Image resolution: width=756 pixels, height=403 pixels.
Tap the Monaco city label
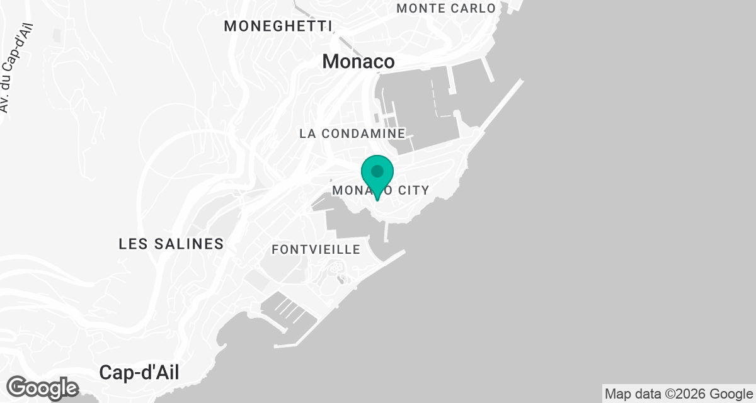pyautogui.click(x=358, y=62)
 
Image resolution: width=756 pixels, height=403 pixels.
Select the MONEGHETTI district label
pyautogui.click(x=278, y=26)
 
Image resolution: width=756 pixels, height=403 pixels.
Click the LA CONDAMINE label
pyautogui.click(x=352, y=133)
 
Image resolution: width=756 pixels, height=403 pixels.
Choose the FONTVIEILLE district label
pyautogui.click(x=316, y=250)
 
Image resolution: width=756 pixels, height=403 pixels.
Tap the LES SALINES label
pyautogui.click(x=171, y=244)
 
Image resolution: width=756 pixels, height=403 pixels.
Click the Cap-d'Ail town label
pyautogui.click(x=139, y=373)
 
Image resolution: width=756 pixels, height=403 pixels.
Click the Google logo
pyautogui.click(x=43, y=387)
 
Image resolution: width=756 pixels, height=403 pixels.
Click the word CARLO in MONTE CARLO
pyautogui.click(x=474, y=8)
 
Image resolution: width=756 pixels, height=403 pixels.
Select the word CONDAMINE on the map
pyautogui.click(x=362, y=133)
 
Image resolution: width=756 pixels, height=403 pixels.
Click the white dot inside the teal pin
pyautogui.click(x=377, y=171)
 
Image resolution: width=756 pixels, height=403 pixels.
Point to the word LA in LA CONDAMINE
pyautogui.click(x=307, y=133)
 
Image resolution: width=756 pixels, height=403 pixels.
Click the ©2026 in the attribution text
pyautogui.click(x=689, y=394)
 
